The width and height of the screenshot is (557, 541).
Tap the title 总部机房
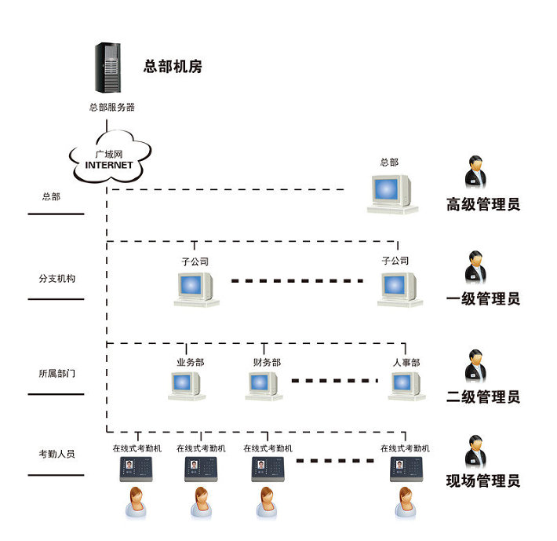click(173, 67)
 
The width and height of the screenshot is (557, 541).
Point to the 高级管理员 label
click(482, 205)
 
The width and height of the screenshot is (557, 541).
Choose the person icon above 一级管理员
click(475, 266)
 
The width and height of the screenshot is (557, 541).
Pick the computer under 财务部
click(263, 385)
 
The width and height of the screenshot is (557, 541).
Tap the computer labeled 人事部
click(406, 385)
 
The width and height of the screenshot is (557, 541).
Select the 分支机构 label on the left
click(56, 279)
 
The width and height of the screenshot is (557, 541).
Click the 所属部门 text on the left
click(56, 374)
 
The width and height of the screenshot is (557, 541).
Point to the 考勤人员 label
click(56, 454)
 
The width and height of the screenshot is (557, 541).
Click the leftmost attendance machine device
click(136, 470)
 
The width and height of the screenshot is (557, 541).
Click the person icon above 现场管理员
click(475, 452)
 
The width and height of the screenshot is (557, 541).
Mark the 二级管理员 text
click(482, 397)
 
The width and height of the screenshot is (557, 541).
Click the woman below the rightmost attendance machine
click(405, 503)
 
